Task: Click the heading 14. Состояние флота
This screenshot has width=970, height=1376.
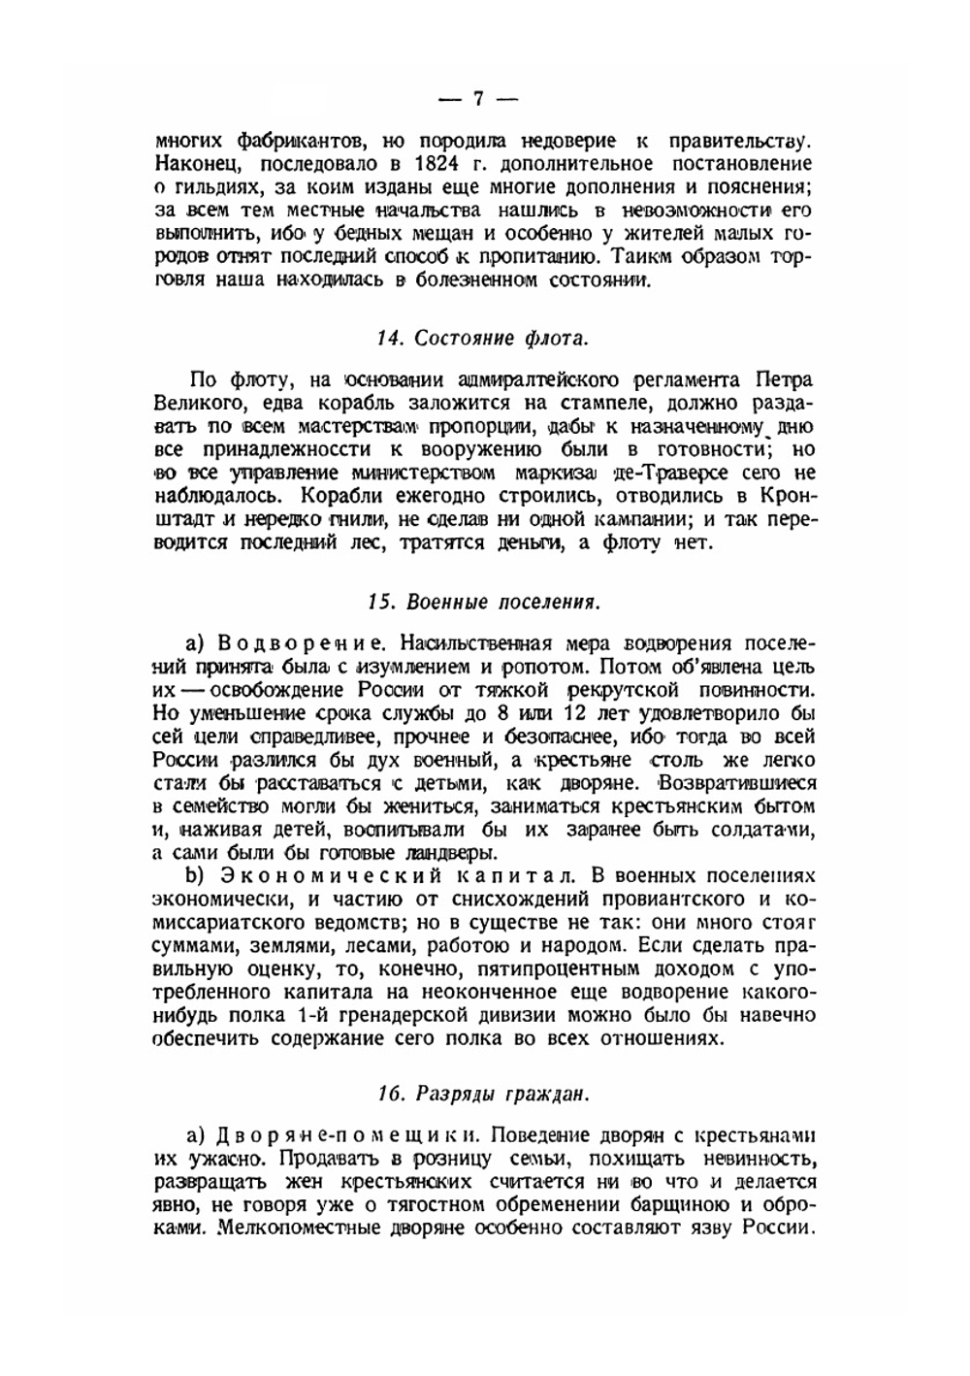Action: [482, 339]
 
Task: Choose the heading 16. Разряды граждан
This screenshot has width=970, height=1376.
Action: [482, 1094]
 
